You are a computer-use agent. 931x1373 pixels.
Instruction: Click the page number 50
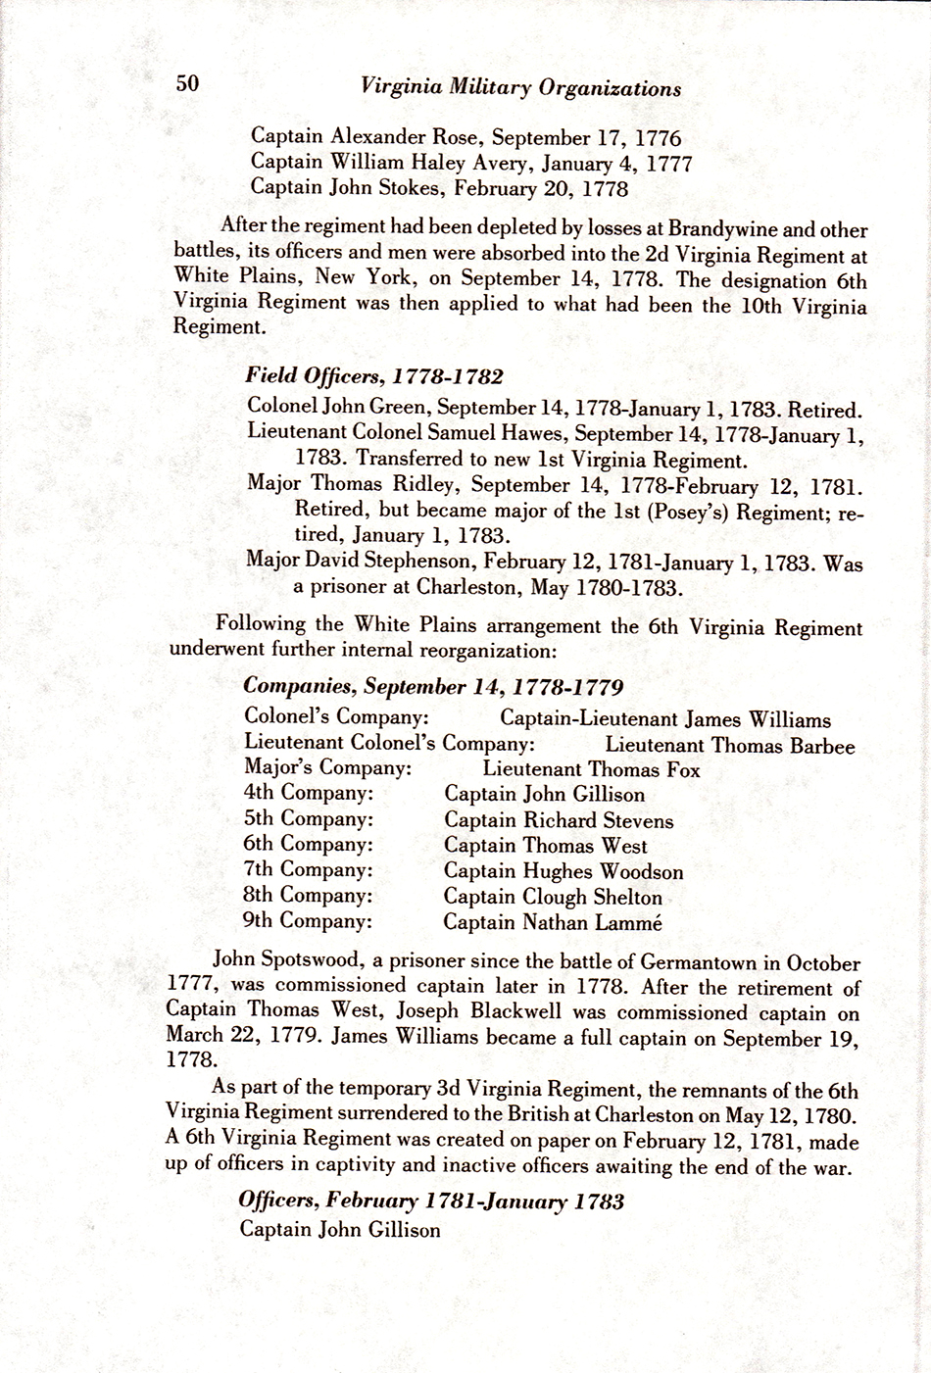click(x=188, y=84)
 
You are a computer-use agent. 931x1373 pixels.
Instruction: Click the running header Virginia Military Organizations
click(x=520, y=87)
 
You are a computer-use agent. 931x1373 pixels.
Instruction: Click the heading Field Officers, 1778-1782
click(x=374, y=376)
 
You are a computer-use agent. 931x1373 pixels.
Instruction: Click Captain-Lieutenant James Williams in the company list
click(x=664, y=719)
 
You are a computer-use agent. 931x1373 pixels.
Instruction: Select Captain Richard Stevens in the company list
click(x=559, y=820)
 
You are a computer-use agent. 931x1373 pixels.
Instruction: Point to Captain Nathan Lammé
click(x=553, y=921)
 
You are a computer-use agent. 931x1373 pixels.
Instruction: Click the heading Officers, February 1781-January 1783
click(x=431, y=1201)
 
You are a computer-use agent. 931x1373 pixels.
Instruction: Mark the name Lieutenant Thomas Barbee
click(x=729, y=745)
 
